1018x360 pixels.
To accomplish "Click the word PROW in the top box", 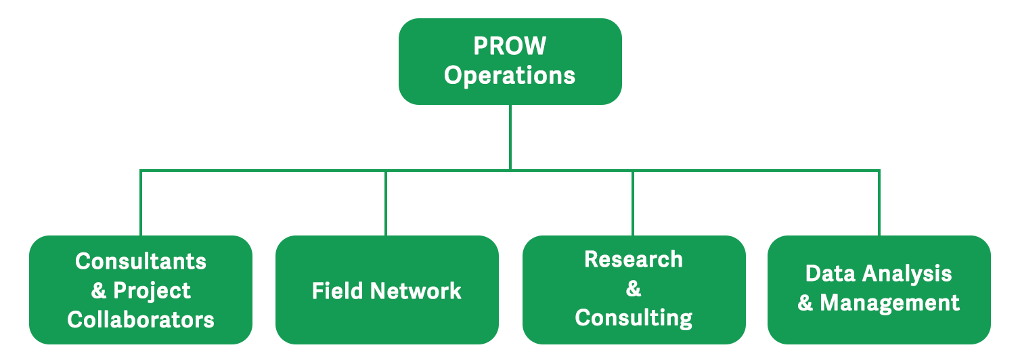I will click(509, 46).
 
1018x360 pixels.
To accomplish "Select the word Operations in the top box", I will click(509, 75).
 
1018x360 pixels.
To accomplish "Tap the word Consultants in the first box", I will click(141, 261).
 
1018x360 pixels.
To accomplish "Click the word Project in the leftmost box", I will click(152, 290).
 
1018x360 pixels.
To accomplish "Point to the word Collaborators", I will click(141, 319).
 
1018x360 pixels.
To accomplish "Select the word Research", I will click(634, 259).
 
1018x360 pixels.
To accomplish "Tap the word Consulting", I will click(634, 317).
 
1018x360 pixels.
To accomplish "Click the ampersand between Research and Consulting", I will click(634, 289).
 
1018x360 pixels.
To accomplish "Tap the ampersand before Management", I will click(805, 302).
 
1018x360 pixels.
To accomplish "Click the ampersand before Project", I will click(99, 290).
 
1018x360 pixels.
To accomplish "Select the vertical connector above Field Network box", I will click(386, 203).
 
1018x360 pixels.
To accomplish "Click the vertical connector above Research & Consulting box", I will click(633, 203).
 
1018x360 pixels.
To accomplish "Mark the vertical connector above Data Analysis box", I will click(879, 203).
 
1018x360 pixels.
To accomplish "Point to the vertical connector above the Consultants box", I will click(141, 203).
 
